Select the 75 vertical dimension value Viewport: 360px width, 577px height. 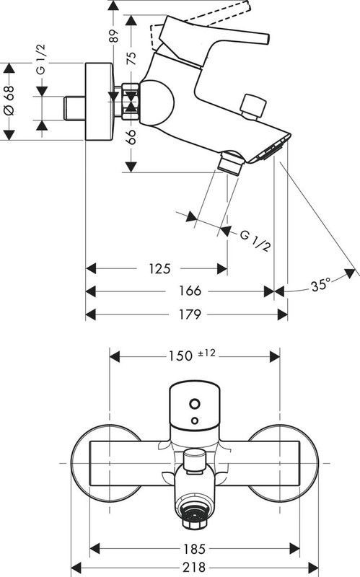tap(131, 60)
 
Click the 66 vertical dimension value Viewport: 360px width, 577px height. tap(131, 139)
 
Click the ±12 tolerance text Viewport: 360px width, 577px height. tap(206, 353)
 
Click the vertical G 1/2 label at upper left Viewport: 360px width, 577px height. tap(40, 71)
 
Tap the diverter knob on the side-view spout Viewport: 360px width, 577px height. tap(253, 105)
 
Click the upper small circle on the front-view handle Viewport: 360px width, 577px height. tap(193, 400)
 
